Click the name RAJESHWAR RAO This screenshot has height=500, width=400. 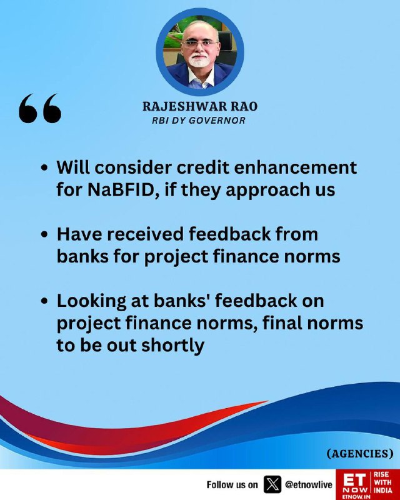click(200, 106)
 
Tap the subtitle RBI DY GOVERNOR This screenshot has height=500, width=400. click(199, 121)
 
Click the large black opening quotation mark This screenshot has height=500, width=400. click(40, 108)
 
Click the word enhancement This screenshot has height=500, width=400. click(296, 167)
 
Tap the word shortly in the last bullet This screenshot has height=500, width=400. click(172, 346)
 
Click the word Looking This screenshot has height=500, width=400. click(91, 301)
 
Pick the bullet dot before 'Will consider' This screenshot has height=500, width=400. click(44, 167)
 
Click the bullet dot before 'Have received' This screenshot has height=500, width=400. click(44, 234)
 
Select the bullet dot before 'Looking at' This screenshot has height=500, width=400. click(44, 301)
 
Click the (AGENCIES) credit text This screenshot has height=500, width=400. click(360, 454)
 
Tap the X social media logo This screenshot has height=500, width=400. click(272, 484)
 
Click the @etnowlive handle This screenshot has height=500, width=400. click(309, 485)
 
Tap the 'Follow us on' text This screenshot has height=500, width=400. click(232, 485)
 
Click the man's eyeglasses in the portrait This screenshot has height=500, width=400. click(199, 44)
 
